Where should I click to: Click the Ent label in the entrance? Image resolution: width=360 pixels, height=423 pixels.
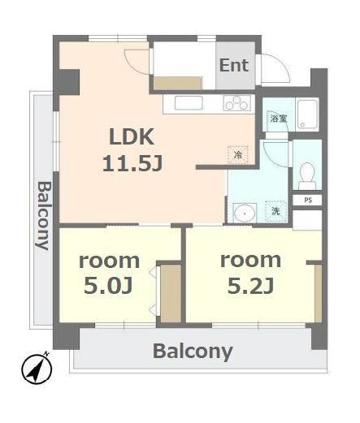[x=234, y=66]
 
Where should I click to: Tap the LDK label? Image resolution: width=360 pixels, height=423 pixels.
[x=132, y=137]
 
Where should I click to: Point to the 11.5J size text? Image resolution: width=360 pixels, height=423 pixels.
[x=132, y=164]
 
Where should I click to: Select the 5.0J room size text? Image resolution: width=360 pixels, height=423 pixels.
[x=108, y=285]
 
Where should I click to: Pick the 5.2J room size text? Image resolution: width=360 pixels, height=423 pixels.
[x=250, y=285]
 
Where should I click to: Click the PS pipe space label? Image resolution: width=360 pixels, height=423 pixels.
[x=308, y=201]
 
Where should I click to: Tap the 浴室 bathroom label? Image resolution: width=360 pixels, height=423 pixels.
[x=279, y=119]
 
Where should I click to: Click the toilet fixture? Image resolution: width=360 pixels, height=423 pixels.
[x=307, y=175]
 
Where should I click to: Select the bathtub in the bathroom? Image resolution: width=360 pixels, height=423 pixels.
[x=307, y=114]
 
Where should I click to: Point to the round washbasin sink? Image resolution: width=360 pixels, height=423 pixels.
[x=245, y=213]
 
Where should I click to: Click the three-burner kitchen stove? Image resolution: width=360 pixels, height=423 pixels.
[x=237, y=103]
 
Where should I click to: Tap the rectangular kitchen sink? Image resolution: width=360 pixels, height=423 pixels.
[x=189, y=103]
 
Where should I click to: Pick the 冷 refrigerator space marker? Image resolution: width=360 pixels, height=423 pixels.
[x=238, y=155]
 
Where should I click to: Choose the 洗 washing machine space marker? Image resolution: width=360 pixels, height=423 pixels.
[x=276, y=211]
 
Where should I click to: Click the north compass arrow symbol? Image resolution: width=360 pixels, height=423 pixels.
[x=37, y=369]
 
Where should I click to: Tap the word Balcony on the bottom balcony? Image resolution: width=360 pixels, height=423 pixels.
[x=193, y=352]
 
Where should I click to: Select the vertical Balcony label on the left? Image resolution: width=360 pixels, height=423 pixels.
[x=43, y=216]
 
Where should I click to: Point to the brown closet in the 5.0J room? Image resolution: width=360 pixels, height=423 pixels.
[x=171, y=293]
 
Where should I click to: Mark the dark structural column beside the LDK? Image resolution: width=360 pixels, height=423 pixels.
[x=67, y=82]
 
